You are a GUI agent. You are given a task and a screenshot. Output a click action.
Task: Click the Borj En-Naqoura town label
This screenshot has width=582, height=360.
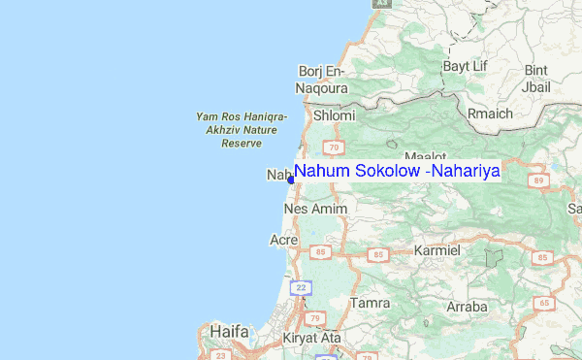(x=320, y=79)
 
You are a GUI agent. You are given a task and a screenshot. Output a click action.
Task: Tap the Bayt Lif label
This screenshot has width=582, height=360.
(x=464, y=66)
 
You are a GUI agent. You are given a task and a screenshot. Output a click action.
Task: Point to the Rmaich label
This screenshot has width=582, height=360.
(x=490, y=114)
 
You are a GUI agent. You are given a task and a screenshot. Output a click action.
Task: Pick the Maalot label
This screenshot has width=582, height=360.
(x=425, y=156)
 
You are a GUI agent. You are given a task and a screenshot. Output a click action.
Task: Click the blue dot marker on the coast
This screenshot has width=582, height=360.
(x=290, y=180)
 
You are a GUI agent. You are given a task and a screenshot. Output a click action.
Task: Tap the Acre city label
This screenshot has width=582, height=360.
(x=283, y=239)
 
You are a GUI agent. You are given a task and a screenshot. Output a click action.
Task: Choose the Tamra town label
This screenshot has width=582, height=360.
(x=371, y=303)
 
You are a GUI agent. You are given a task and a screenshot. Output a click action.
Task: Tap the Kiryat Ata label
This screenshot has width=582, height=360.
(x=307, y=338)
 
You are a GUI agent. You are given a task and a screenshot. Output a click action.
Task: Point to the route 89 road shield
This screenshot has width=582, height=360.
(x=538, y=180)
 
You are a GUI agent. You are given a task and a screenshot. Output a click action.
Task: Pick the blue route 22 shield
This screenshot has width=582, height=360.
(x=303, y=288)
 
